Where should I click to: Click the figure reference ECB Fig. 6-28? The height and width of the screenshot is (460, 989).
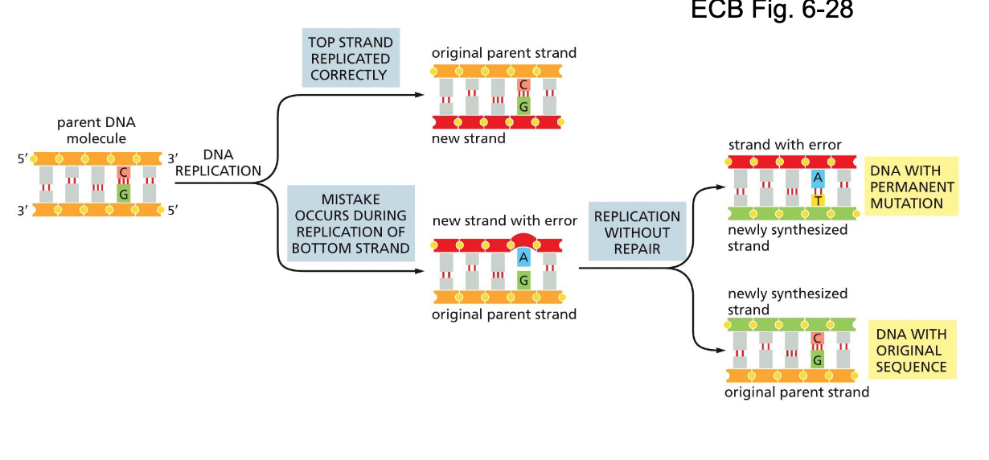tap(772, 11)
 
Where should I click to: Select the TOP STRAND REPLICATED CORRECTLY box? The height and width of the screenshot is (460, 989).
tap(351, 59)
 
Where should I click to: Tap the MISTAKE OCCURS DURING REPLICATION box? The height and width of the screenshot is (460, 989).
tap(351, 224)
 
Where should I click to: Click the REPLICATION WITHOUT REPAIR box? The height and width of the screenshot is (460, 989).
tap(637, 232)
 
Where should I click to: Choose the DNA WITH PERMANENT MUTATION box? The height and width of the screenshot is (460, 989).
tap(912, 187)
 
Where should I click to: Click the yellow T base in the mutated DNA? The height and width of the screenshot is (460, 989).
tap(817, 200)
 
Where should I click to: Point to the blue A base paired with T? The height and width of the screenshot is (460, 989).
tap(817, 178)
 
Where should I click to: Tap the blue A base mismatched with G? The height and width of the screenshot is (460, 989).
tap(523, 257)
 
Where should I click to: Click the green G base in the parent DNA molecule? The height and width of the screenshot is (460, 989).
tap(123, 194)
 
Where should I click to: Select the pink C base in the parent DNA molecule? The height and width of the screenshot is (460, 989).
tap(123, 173)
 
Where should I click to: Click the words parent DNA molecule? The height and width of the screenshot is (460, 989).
tap(96, 130)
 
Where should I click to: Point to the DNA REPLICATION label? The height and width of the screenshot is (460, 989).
tap(218, 162)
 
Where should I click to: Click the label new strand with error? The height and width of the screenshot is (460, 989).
tap(504, 220)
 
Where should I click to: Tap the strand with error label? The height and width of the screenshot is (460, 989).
tap(785, 145)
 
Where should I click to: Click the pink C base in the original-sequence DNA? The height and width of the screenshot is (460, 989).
tap(817, 339)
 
